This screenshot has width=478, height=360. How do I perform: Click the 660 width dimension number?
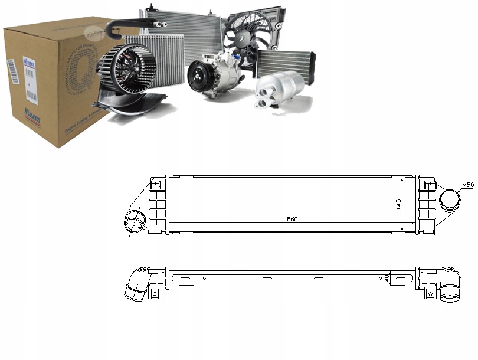pos(292,219)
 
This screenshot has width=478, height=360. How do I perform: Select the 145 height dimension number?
pos(398,204)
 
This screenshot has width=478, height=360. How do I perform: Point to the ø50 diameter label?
pos(467,185)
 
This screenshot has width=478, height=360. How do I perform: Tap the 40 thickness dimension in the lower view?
pos(387,277)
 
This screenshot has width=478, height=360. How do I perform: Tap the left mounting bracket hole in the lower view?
pos(155,292)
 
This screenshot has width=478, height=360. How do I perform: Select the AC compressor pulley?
pos(198,77)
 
